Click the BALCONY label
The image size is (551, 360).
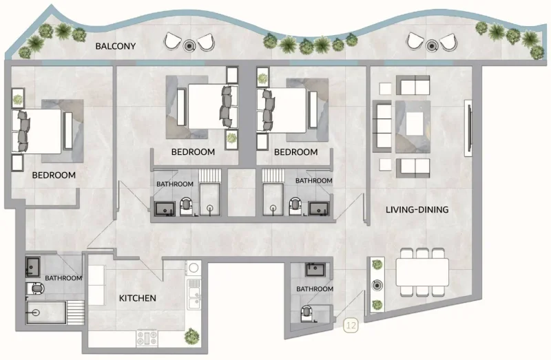(116, 47)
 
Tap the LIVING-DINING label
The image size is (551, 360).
(417, 209)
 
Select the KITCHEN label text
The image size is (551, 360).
(138, 298)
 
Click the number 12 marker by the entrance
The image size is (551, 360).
(351, 325)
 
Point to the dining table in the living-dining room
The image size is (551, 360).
(421, 272)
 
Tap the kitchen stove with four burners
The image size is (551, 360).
(147, 338)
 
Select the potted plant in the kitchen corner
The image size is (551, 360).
(191, 337)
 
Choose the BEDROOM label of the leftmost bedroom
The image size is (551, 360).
(54, 175)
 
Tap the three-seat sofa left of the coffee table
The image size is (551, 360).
(382, 126)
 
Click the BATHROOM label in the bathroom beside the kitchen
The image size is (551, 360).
(63, 278)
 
